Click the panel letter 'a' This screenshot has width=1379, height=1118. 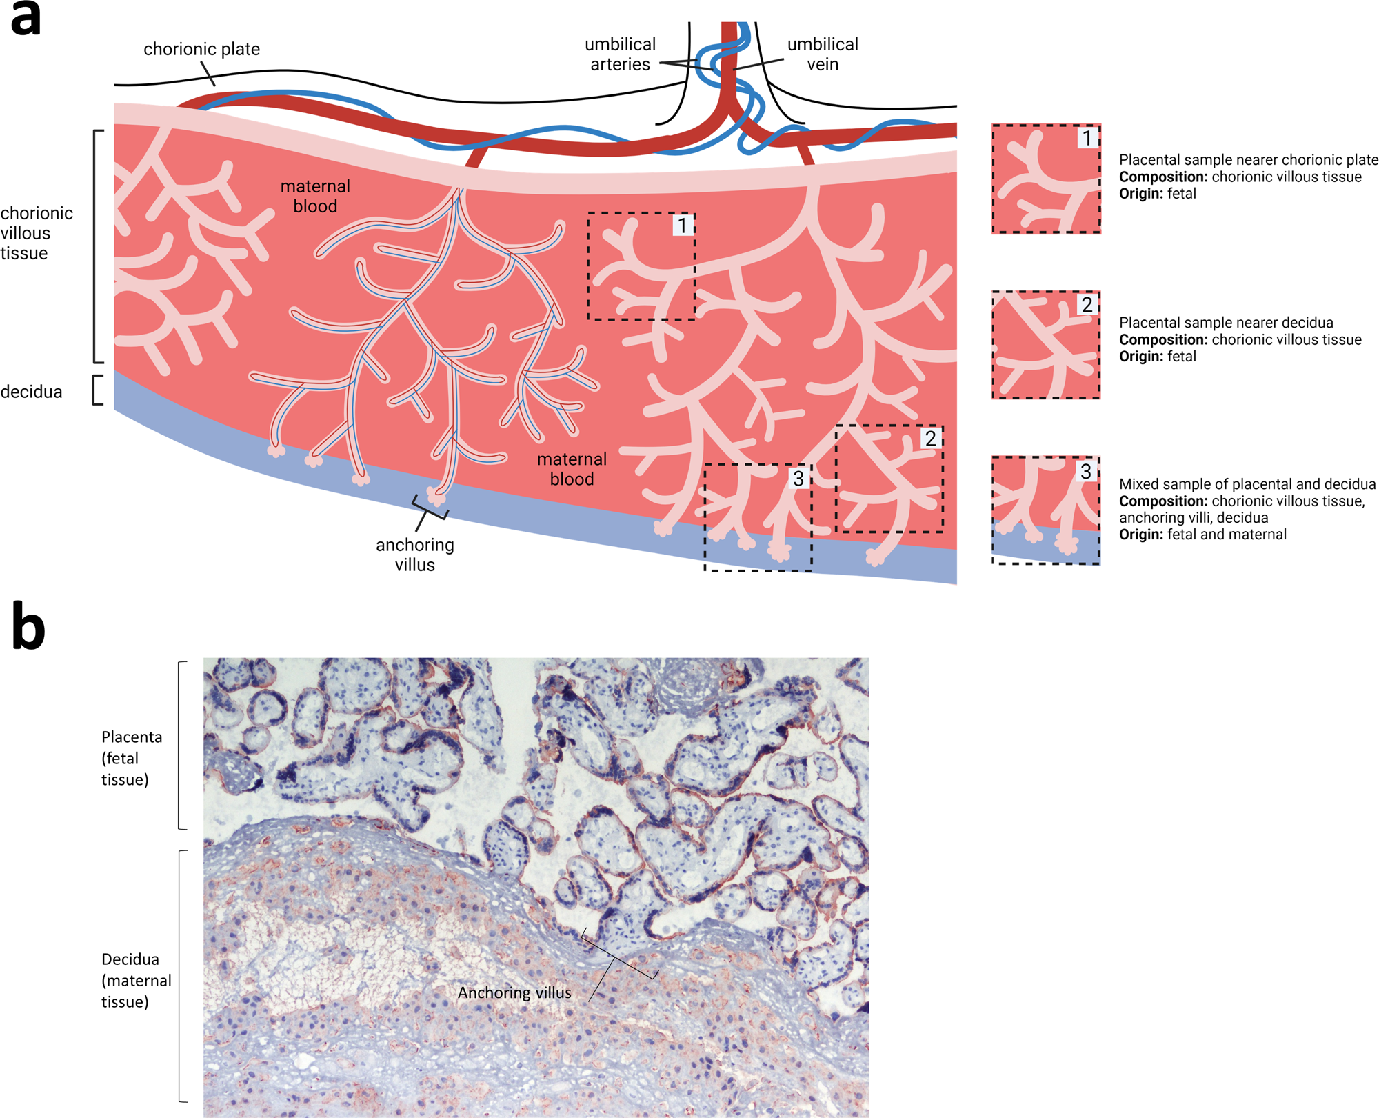tap(26, 19)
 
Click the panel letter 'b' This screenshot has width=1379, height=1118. tap(29, 625)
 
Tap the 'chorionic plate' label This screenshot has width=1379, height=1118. tap(201, 49)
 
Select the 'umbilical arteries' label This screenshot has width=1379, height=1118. tap(620, 54)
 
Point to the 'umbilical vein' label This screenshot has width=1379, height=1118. tap(823, 54)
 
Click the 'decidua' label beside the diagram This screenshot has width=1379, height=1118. tap(31, 392)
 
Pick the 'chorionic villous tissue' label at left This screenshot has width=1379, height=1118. tap(36, 233)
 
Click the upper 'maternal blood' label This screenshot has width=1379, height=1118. tap(315, 196)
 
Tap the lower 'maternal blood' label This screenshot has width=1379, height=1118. tap(572, 469)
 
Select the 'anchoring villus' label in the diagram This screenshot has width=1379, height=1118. tap(415, 555)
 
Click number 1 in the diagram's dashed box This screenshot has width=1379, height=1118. tap(682, 226)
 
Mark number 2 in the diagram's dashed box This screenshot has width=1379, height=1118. tap(930, 438)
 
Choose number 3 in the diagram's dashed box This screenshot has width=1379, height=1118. tap(798, 478)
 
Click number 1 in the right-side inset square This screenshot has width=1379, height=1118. tap(1087, 138)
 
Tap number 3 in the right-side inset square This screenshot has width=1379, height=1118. tap(1085, 471)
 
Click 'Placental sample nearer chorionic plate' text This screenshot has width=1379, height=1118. tap(1248, 160)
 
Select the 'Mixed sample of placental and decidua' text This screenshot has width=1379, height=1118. tap(1247, 484)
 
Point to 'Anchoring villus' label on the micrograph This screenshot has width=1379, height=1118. tap(514, 992)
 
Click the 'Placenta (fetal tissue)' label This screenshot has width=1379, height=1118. tap(131, 758)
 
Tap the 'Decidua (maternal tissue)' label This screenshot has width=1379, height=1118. tap(136, 980)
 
